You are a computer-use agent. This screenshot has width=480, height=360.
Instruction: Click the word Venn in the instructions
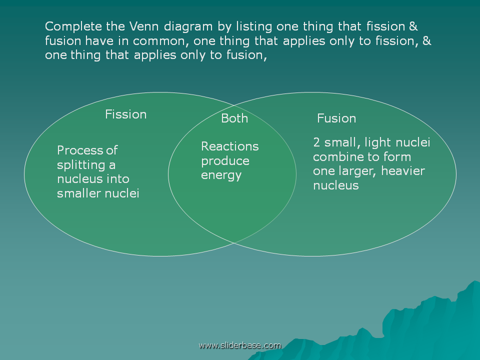pos(144,26)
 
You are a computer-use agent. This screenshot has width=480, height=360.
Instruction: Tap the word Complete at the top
pos(73,27)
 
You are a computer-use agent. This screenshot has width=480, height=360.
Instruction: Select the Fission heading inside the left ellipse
pos(126,114)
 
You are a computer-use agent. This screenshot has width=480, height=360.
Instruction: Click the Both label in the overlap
pos(234,118)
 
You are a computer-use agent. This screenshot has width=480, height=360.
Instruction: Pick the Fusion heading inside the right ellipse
pos(336,118)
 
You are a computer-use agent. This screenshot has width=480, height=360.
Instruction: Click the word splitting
pos(81,165)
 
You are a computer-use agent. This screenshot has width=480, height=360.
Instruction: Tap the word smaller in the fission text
pos(79,193)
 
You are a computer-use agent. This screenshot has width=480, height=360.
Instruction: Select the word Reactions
pos(230,146)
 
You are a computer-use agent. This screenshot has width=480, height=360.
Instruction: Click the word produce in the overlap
pos(225,161)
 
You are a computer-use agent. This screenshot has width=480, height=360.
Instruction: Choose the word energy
pos(221,175)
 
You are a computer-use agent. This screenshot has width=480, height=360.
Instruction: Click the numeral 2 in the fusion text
pos(316,142)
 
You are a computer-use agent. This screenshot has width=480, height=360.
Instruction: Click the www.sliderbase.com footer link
pos(239,345)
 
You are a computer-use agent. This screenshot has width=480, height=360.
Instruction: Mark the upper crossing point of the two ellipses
pos(234,105)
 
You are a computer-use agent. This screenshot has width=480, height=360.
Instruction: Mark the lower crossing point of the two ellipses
pos(234,243)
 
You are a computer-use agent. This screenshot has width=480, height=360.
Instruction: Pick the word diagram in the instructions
pos(188,27)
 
